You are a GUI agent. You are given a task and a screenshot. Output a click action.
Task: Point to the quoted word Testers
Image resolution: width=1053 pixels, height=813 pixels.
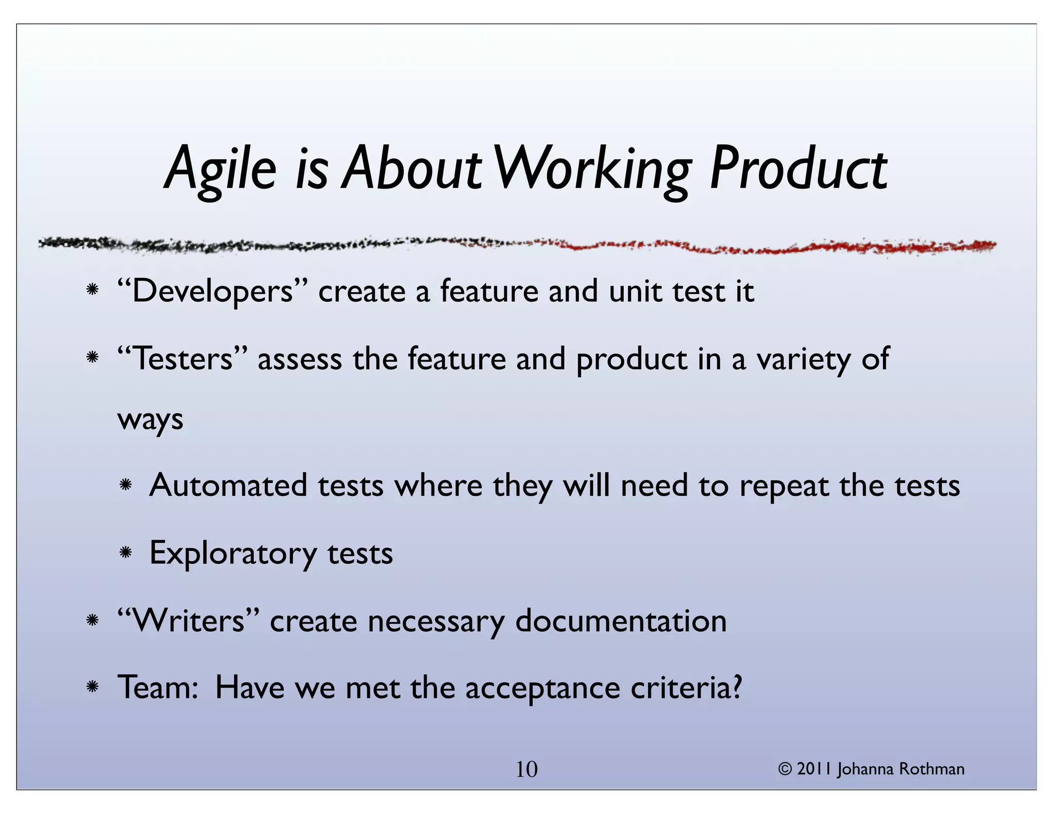(x=183, y=359)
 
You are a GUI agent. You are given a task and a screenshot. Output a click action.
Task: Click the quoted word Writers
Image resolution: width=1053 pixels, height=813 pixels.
(x=188, y=621)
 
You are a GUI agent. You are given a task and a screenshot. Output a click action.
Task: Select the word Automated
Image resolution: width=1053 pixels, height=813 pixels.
(x=228, y=486)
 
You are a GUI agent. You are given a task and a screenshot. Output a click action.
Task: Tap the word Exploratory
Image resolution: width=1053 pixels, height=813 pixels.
(x=233, y=553)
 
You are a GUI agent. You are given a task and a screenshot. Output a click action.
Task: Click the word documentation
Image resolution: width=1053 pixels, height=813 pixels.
(x=621, y=621)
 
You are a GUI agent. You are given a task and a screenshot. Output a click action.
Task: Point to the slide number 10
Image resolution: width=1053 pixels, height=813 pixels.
(x=526, y=769)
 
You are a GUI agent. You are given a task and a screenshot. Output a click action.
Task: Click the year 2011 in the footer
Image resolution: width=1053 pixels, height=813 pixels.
(x=814, y=769)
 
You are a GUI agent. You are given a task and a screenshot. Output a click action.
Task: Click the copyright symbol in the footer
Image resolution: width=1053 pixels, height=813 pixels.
(x=785, y=769)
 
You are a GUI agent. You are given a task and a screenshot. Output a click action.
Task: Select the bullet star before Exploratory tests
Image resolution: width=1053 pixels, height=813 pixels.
(x=125, y=553)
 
